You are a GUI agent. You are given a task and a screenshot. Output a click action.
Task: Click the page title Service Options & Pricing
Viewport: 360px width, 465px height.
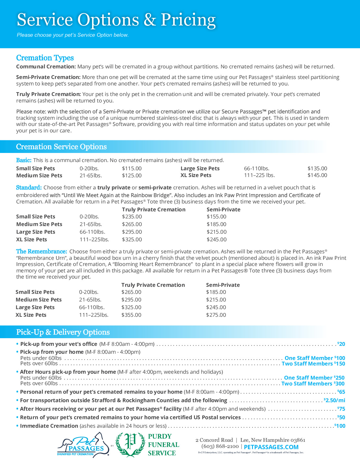tap(116, 20)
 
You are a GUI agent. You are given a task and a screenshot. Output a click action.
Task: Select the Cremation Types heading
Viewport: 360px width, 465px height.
tap(45, 58)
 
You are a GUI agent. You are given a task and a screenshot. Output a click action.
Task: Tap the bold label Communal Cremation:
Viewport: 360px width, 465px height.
tap(46, 67)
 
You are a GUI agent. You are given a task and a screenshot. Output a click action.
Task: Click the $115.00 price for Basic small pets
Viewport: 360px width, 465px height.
tap(132, 169)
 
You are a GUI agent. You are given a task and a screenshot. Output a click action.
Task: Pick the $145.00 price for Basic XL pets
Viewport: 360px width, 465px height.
tap(317, 175)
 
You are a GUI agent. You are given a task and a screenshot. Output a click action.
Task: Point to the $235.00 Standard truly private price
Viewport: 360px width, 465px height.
tap(132, 217)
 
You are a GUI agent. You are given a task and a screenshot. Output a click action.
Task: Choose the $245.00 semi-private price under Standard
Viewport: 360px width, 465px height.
tap(216, 240)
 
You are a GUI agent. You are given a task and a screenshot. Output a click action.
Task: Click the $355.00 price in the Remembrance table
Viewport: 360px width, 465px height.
tap(131, 315)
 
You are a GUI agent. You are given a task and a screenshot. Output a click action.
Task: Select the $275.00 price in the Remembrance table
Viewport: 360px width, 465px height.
tap(216, 315)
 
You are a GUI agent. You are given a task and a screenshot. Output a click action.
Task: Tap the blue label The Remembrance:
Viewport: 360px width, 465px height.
tap(41, 252)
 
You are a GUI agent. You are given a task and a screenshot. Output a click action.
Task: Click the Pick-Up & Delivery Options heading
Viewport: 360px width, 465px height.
tap(63, 332)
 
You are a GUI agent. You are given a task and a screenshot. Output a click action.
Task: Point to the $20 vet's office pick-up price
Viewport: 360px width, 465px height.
tap(341, 344)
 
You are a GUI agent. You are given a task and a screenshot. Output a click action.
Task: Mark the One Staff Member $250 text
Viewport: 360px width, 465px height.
tap(314, 378)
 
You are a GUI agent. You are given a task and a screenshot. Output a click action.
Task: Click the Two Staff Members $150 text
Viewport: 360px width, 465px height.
tap(313, 364)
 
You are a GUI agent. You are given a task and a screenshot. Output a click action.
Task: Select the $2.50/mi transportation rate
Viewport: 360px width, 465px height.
tap(334, 400)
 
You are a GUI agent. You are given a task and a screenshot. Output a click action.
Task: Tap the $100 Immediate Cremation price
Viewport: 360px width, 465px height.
tap(340, 426)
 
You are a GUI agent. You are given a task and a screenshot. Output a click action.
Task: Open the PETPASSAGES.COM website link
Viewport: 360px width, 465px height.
tap(271, 447)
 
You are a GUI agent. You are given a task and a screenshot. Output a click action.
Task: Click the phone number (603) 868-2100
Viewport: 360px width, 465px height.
tap(220, 447)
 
